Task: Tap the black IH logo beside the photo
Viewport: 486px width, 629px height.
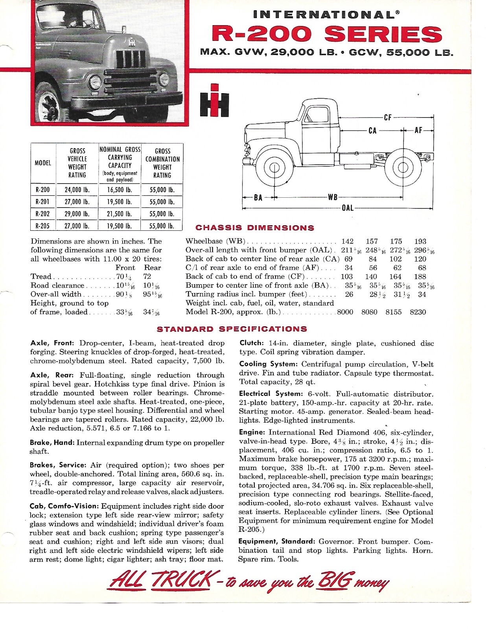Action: [214, 100]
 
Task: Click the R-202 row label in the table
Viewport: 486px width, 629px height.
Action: [42, 214]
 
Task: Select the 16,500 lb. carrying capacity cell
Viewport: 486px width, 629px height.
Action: [120, 190]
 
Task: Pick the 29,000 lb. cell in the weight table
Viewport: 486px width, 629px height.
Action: [77, 214]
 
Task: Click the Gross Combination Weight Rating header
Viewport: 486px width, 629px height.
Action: [162, 163]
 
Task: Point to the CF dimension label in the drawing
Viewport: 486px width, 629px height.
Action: [388, 117]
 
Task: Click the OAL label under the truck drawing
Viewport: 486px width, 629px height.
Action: [348, 208]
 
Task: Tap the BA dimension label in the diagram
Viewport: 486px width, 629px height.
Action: [258, 197]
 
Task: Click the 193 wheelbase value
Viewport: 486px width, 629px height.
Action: [420, 241]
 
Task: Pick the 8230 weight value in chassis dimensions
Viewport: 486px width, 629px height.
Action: [418, 312]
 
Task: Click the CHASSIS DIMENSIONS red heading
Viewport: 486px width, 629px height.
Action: [255, 228]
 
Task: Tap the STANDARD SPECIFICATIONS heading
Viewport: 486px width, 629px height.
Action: [232, 329]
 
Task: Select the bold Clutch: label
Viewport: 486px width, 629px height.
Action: [251, 343]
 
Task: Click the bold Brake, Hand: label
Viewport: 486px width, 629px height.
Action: [52, 443]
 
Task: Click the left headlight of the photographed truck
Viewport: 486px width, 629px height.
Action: [95, 83]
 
